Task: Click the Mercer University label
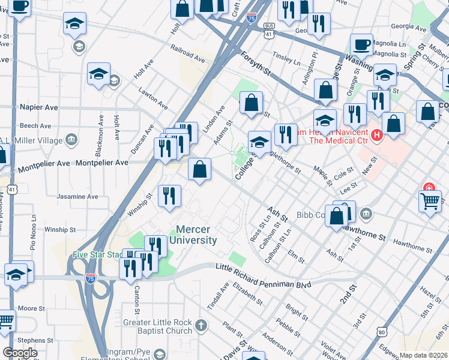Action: (x=196, y=235)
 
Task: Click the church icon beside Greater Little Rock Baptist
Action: (x=201, y=326)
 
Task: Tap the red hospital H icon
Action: (x=376, y=135)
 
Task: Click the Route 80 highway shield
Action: (x=382, y=331)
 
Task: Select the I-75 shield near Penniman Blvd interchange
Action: (x=90, y=278)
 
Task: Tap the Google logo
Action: (x=20, y=353)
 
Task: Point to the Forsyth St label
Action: (x=256, y=63)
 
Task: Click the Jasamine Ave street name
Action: (x=77, y=196)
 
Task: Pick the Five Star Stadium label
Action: (x=97, y=254)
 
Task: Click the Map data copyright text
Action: (x=423, y=355)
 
